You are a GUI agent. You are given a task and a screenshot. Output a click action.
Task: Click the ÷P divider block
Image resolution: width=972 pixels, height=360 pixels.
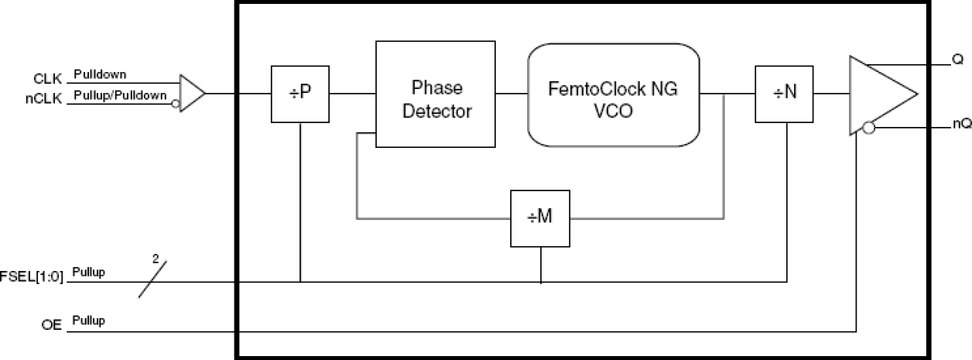300,94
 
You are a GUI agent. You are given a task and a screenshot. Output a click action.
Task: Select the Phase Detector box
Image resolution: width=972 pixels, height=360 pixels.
436,94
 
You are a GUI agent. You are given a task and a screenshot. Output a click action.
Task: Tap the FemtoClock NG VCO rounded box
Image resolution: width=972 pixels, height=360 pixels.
614,95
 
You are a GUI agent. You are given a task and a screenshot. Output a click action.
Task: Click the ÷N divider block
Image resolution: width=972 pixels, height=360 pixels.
785,94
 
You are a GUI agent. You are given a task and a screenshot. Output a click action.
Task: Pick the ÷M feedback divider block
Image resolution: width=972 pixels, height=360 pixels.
540,217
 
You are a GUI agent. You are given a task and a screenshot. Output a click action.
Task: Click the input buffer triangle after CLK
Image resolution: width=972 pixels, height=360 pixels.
190,94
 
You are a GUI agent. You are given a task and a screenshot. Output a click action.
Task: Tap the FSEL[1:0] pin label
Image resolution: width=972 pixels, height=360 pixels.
34,275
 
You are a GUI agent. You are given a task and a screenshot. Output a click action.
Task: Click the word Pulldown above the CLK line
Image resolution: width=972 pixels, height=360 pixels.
99,75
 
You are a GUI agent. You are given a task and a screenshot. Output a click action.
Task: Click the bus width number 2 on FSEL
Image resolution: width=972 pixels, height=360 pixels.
156,262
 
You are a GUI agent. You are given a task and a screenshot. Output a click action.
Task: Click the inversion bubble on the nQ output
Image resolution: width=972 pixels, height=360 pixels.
869,128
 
